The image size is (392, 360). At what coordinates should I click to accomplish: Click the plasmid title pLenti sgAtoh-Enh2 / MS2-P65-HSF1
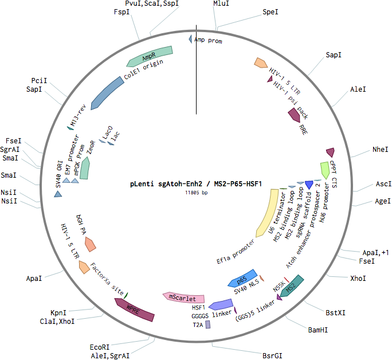click(196, 184)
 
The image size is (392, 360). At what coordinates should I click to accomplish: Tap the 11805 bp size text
click(196, 193)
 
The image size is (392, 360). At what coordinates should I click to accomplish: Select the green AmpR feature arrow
click(150, 57)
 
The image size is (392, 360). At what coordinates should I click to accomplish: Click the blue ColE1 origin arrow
click(107, 93)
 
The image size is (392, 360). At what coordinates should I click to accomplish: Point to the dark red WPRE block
click(135, 310)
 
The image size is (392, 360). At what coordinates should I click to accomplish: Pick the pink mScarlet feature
click(183, 298)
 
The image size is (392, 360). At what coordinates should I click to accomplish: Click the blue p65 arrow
click(242, 278)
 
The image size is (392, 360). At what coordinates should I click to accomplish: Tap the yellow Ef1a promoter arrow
click(267, 213)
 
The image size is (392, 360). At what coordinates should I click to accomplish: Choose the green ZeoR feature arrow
click(85, 168)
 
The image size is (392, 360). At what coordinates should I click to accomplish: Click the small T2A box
click(208, 324)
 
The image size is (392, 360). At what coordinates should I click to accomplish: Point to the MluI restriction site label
click(221, 3)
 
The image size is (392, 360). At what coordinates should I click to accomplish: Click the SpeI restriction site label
click(271, 12)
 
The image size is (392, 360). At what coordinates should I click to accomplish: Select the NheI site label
click(380, 150)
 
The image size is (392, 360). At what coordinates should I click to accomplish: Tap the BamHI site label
click(317, 330)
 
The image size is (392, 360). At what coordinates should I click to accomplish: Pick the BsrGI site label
click(272, 356)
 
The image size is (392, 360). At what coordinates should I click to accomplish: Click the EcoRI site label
click(100, 347)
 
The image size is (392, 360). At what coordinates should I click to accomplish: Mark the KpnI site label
click(58, 313)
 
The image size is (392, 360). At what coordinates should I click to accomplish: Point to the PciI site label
click(39, 80)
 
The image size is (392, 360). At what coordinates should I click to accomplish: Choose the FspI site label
click(121, 11)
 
